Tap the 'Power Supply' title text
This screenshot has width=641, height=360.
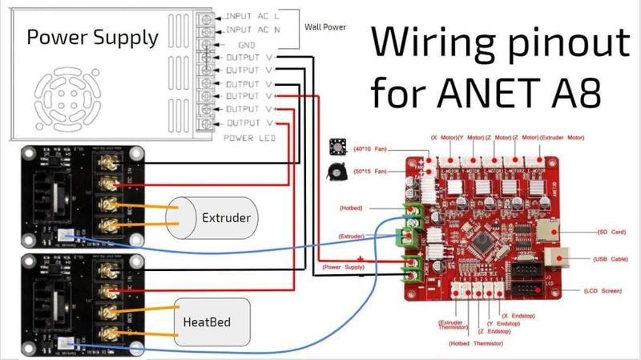[x=92, y=38]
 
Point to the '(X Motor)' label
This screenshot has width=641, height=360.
[x=445, y=138]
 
